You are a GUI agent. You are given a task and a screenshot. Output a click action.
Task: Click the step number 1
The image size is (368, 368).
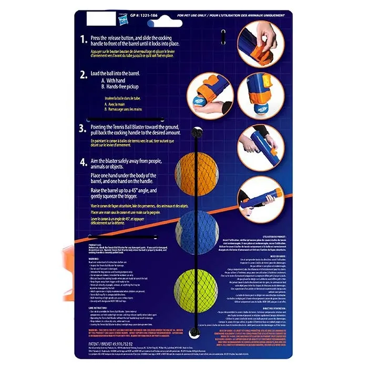[x=83, y=39]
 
